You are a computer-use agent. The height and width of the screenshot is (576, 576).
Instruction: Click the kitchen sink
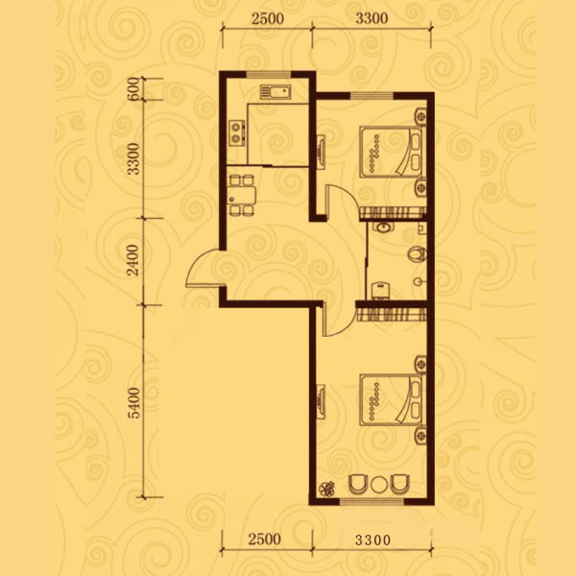tap(276, 92)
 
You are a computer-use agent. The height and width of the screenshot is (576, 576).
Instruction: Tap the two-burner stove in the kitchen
tap(237, 132)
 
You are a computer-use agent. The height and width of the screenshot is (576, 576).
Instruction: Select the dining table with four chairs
tap(241, 195)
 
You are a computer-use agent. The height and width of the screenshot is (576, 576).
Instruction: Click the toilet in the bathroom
tap(418, 254)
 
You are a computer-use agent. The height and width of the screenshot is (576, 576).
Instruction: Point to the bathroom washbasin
tap(383, 228)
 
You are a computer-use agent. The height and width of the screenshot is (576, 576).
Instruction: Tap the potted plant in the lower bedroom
tap(326, 489)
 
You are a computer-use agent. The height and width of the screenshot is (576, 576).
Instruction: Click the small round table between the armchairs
tap(378, 485)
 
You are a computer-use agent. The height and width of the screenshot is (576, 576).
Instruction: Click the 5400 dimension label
tap(134, 403)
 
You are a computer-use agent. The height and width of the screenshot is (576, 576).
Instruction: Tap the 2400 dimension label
tap(132, 260)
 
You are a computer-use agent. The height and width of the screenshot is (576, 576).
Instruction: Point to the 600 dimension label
tap(134, 88)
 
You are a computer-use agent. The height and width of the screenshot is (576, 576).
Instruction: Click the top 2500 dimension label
tap(268, 18)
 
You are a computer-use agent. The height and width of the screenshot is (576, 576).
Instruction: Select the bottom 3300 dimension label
tap(372, 540)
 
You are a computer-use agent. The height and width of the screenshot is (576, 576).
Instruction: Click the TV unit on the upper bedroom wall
tap(321, 152)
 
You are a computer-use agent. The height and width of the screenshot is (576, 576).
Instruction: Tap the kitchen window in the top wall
tap(268, 75)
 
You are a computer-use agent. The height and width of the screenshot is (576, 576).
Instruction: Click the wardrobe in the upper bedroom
tap(393, 213)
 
